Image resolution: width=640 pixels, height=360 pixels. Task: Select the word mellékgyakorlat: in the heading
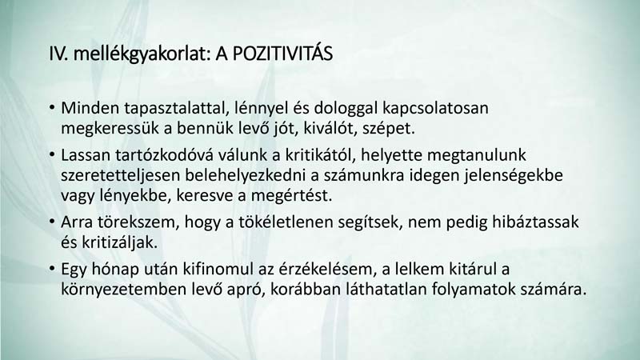pyautogui.click(x=142, y=54)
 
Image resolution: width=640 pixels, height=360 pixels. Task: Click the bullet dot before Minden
pyautogui.click(x=52, y=108)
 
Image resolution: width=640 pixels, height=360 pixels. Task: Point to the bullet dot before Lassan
pyautogui.click(x=52, y=154)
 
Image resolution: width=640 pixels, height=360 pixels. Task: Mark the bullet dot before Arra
pyautogui.click(x=52, y=222)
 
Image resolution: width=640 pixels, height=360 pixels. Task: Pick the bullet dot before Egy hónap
pyautogui.click(x=52, y=269)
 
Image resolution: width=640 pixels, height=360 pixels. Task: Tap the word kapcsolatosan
pyautogui.click(x=435, y=109)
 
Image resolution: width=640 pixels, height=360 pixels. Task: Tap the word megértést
pyautogui.click(x=291, y=196)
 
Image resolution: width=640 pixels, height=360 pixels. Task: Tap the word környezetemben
pyautogui.click(x=122, y=290)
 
